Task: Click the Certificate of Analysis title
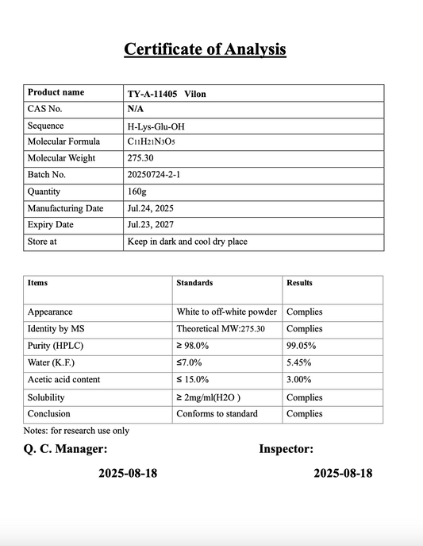205,49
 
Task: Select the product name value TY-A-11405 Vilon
167,93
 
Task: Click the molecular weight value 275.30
140,158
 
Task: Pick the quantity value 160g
137,192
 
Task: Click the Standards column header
194,283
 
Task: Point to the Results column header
299,283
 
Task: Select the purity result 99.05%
301,346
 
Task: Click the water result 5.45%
298,362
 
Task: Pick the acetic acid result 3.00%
298,379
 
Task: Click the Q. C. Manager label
67,449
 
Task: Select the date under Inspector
343,473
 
